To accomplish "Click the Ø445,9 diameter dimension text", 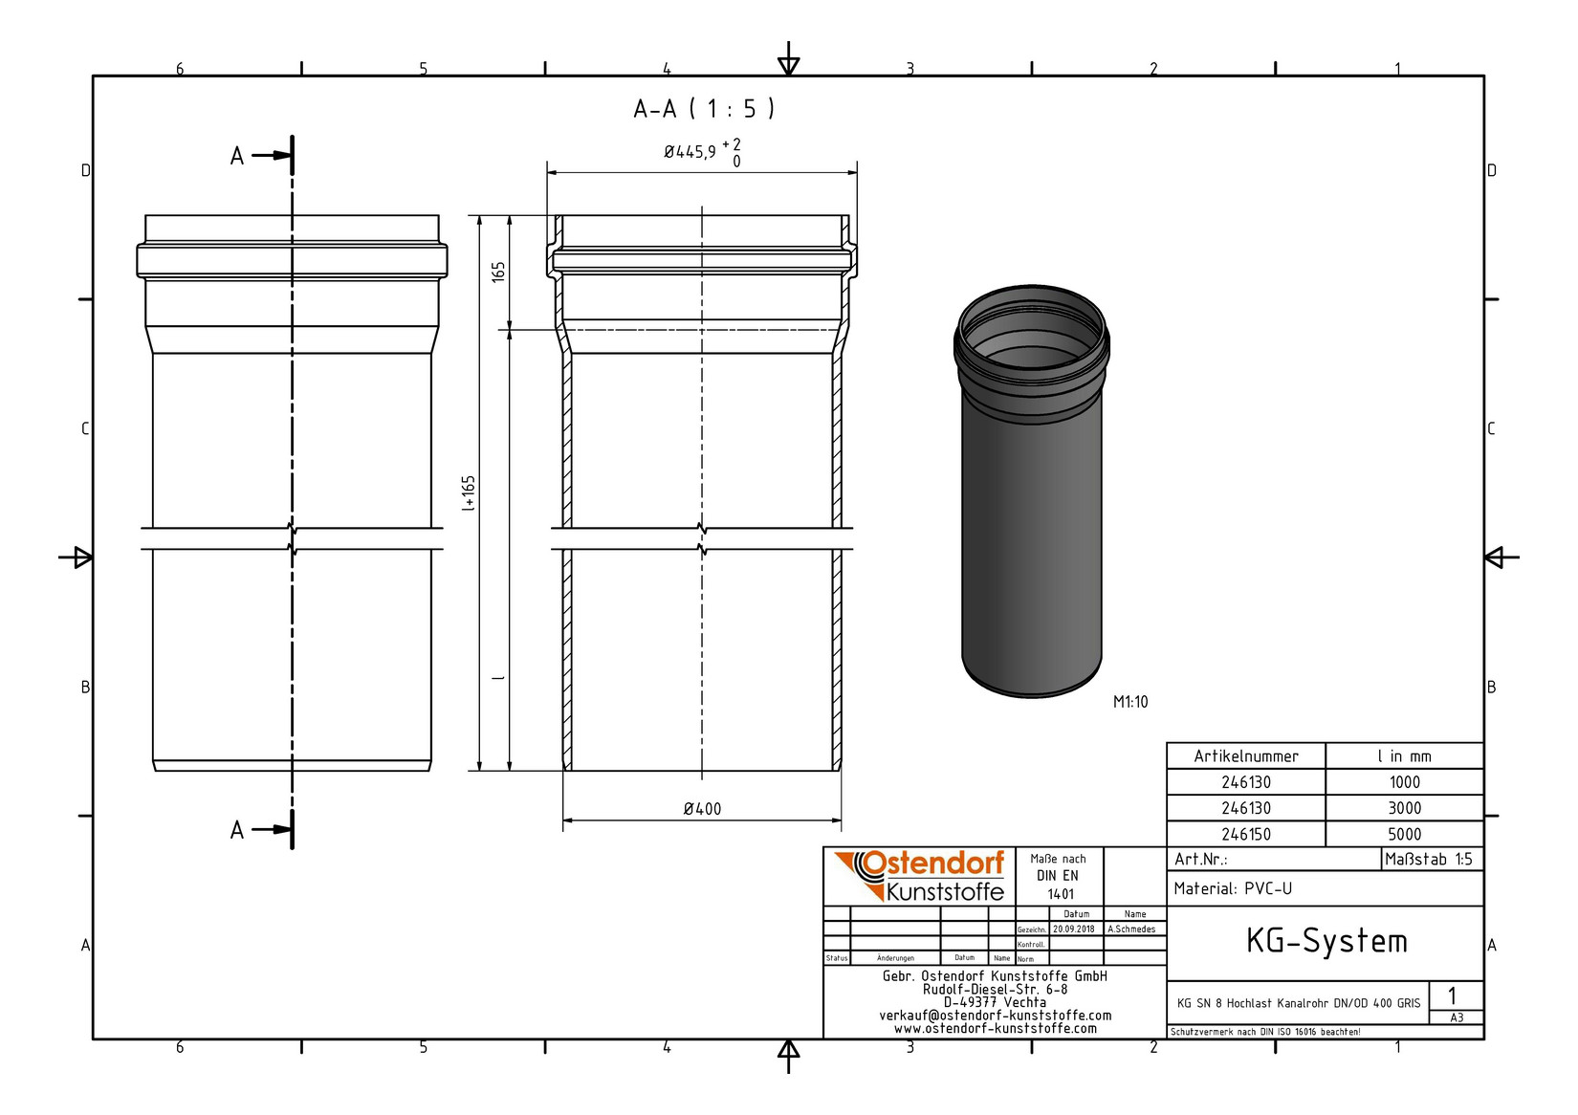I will tap(690, 152).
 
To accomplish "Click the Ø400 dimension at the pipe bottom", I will tap(702, 809).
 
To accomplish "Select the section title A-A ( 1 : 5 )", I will tap(704, 109).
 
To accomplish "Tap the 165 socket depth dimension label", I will tap(498, 272).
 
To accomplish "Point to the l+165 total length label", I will tap(469, 493).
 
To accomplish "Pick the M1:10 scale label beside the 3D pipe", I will tap(1130, 702).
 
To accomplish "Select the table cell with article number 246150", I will tap(1245, 834).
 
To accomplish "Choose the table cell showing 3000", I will tap(1404, 808).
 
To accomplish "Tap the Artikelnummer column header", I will tap(1245, 756).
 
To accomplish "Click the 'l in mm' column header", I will tap(1404, 756).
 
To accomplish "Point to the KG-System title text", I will tap(1326, 941).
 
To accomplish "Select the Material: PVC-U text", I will tap(1233, 888).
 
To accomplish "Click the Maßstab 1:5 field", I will tap(1429, 859).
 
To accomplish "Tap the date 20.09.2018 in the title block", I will tap(1074, 929).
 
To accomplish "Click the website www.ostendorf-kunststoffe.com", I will tap(995, 1029).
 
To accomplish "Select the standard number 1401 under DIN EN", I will tap(1060, 894).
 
